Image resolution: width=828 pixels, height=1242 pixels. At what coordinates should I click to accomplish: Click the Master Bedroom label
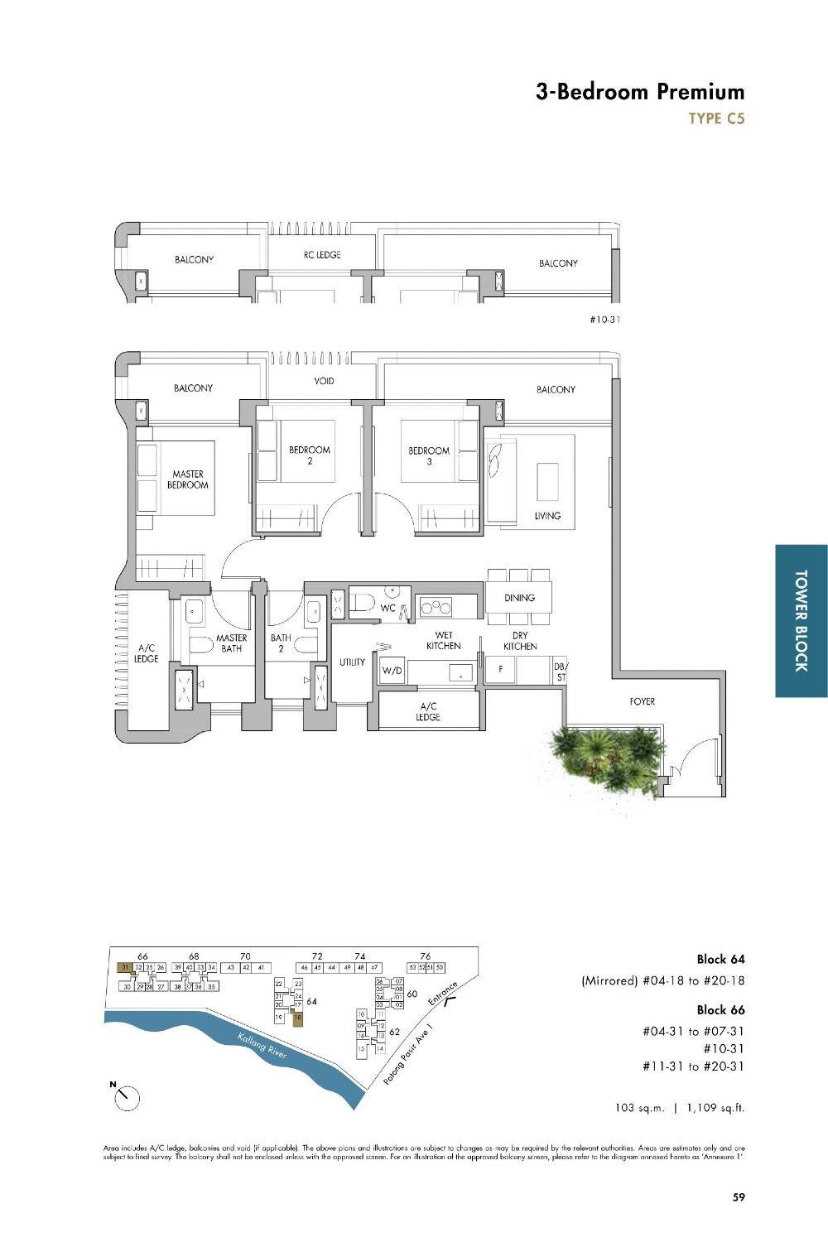click(x=188, y=479)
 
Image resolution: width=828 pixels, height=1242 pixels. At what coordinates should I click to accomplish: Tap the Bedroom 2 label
click(x=310, y=455)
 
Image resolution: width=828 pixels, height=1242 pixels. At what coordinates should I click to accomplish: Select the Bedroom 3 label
click(x=429, y=456)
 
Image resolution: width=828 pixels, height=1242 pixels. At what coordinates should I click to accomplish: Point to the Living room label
click(x=547, y=516)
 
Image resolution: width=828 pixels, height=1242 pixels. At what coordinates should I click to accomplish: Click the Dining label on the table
click(x=519, y=597)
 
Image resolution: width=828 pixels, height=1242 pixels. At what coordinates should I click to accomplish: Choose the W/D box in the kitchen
click(x=392, y=672)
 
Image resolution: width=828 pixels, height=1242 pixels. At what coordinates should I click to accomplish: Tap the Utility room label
click(x=352, y=662)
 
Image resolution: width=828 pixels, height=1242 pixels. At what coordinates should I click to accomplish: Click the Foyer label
click(x=642, y=701)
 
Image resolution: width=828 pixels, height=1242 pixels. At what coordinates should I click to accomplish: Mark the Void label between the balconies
click(x=324, y=381)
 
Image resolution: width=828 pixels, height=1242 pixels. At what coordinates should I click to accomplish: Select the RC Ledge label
click(x=322, y=255)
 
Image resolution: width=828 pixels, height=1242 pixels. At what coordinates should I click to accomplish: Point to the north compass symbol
click(x=127, y=1097)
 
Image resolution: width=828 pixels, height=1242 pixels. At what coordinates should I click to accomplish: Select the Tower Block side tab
click(x=801, y=620)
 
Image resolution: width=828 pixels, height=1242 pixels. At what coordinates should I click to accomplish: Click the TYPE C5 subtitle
click(x=716, y=118)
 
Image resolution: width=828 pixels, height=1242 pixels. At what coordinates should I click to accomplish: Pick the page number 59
click(x=739, y=1196)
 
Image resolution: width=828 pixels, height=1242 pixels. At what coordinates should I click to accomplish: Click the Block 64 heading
click(x=720, y=959)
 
